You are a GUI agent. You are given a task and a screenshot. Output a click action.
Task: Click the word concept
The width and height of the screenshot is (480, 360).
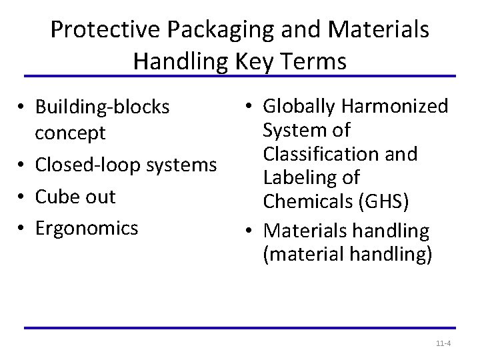click(x=70, y=133)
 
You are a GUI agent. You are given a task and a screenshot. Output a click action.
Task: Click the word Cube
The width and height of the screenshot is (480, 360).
click(x=57, y=197)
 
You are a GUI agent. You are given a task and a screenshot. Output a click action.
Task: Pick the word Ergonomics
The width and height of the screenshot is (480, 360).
click(x=87, y=228)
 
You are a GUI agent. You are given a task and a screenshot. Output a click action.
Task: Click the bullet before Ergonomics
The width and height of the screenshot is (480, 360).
click(x=23, y=228)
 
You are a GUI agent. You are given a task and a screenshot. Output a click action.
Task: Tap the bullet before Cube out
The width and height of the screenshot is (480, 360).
click(x=23, y=197)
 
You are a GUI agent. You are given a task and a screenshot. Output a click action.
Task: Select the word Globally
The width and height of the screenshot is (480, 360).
click(x=300, y=107)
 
